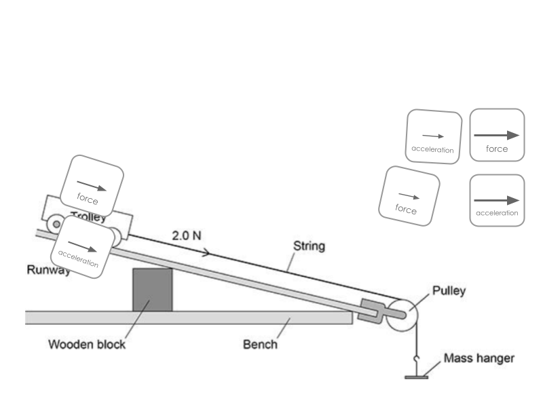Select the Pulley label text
449,292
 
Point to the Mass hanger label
479,357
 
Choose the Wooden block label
87,344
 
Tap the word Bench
260,344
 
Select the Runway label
48,270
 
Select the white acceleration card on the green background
434,136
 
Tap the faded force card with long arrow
498,135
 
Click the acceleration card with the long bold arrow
498,200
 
